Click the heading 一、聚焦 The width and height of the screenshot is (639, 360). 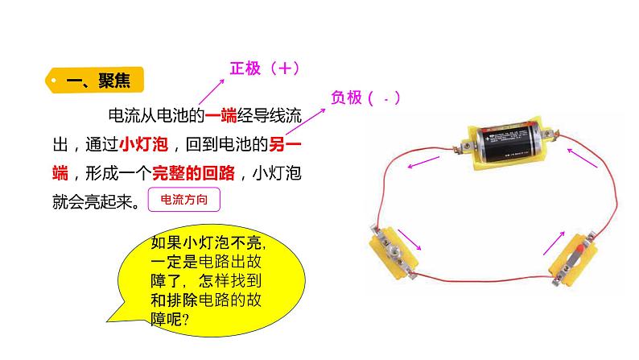95,81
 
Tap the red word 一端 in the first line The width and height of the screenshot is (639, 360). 221,117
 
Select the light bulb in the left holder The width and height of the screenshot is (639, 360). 398,250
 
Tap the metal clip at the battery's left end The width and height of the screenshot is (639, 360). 464,145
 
